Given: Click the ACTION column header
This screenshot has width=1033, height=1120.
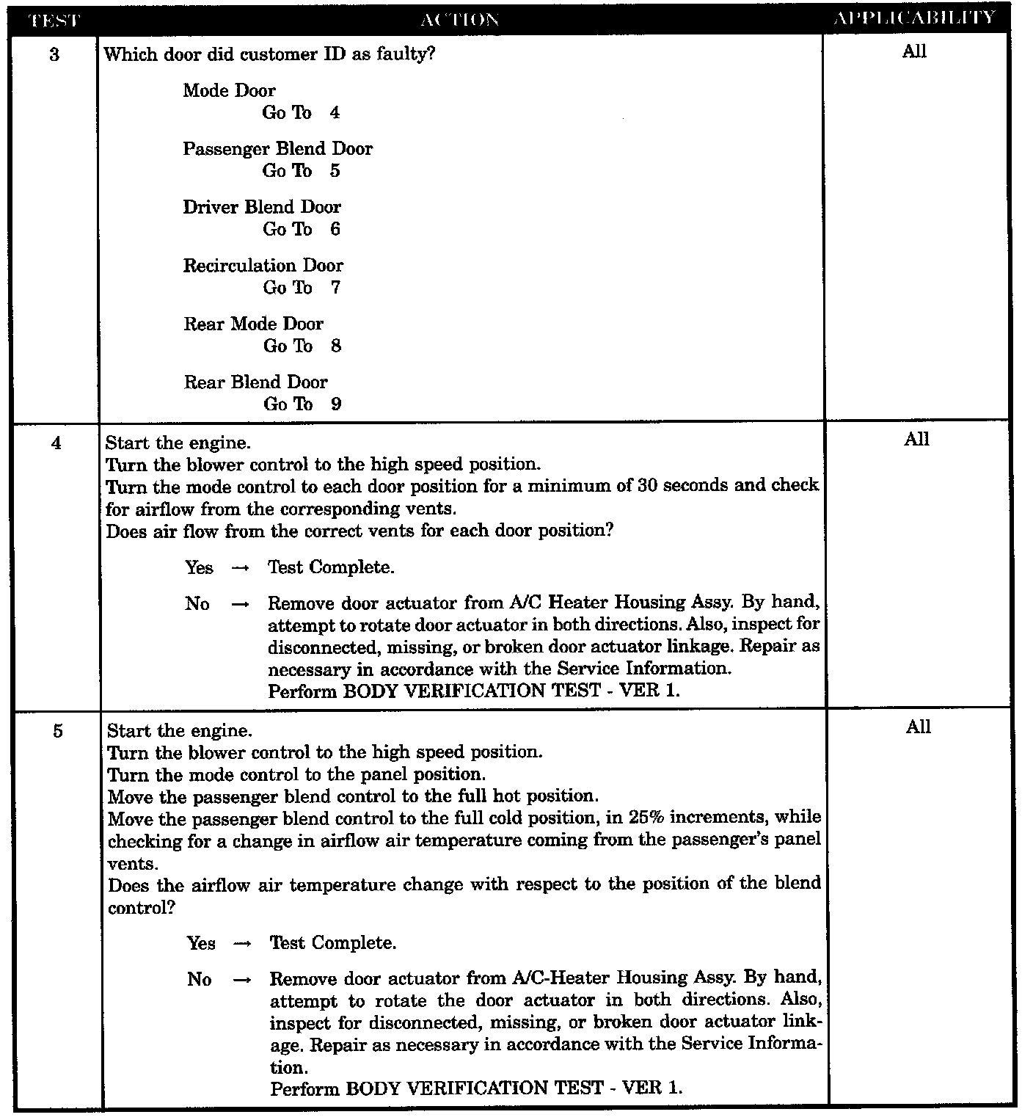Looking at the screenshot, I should point(460,19).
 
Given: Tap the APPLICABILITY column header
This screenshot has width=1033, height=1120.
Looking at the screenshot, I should point(915,18).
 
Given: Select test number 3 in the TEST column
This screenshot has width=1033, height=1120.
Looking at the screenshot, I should point(54,55).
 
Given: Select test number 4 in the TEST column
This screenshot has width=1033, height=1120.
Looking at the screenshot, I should point(56,443).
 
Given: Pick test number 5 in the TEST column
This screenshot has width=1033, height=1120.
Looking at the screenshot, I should point(57,731).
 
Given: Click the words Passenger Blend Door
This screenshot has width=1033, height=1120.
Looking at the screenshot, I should point(277,149).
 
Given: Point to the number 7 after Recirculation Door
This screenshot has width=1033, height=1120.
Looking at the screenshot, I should point(335,288).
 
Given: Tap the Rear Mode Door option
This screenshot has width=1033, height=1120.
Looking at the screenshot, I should point(253,324).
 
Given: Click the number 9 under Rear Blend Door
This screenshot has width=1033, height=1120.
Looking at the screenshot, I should point(336,404).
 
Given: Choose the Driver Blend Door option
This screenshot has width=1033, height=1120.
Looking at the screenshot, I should point(262,207).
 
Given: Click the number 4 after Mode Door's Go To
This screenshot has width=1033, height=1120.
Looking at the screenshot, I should point(335,113).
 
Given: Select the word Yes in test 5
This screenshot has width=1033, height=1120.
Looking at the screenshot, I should point(201,943).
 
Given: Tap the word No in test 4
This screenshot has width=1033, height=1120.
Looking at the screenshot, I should point(197,604).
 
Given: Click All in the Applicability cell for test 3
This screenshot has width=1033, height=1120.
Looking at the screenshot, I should point(914,51).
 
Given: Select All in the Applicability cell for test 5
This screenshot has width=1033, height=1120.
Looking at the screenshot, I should point(918,727).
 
